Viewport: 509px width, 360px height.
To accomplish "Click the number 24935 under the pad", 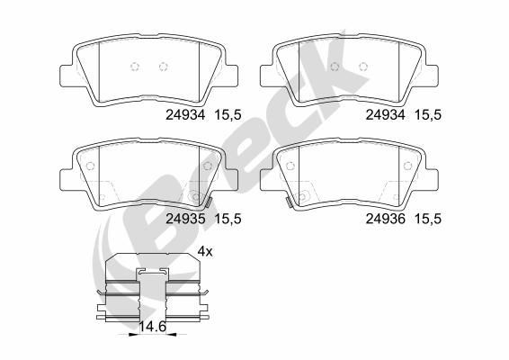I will coord(186,217).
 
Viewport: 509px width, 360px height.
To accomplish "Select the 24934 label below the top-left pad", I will coord(186,114).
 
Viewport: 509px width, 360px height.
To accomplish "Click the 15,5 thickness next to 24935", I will coord(228,217).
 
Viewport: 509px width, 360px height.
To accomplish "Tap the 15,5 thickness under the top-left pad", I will coord(228,114).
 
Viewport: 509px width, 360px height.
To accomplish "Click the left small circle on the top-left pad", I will coord(133,66).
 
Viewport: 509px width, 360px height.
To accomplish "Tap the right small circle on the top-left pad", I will coord(163,66).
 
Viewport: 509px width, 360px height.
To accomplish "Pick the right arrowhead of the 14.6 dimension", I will coord(172,333).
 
